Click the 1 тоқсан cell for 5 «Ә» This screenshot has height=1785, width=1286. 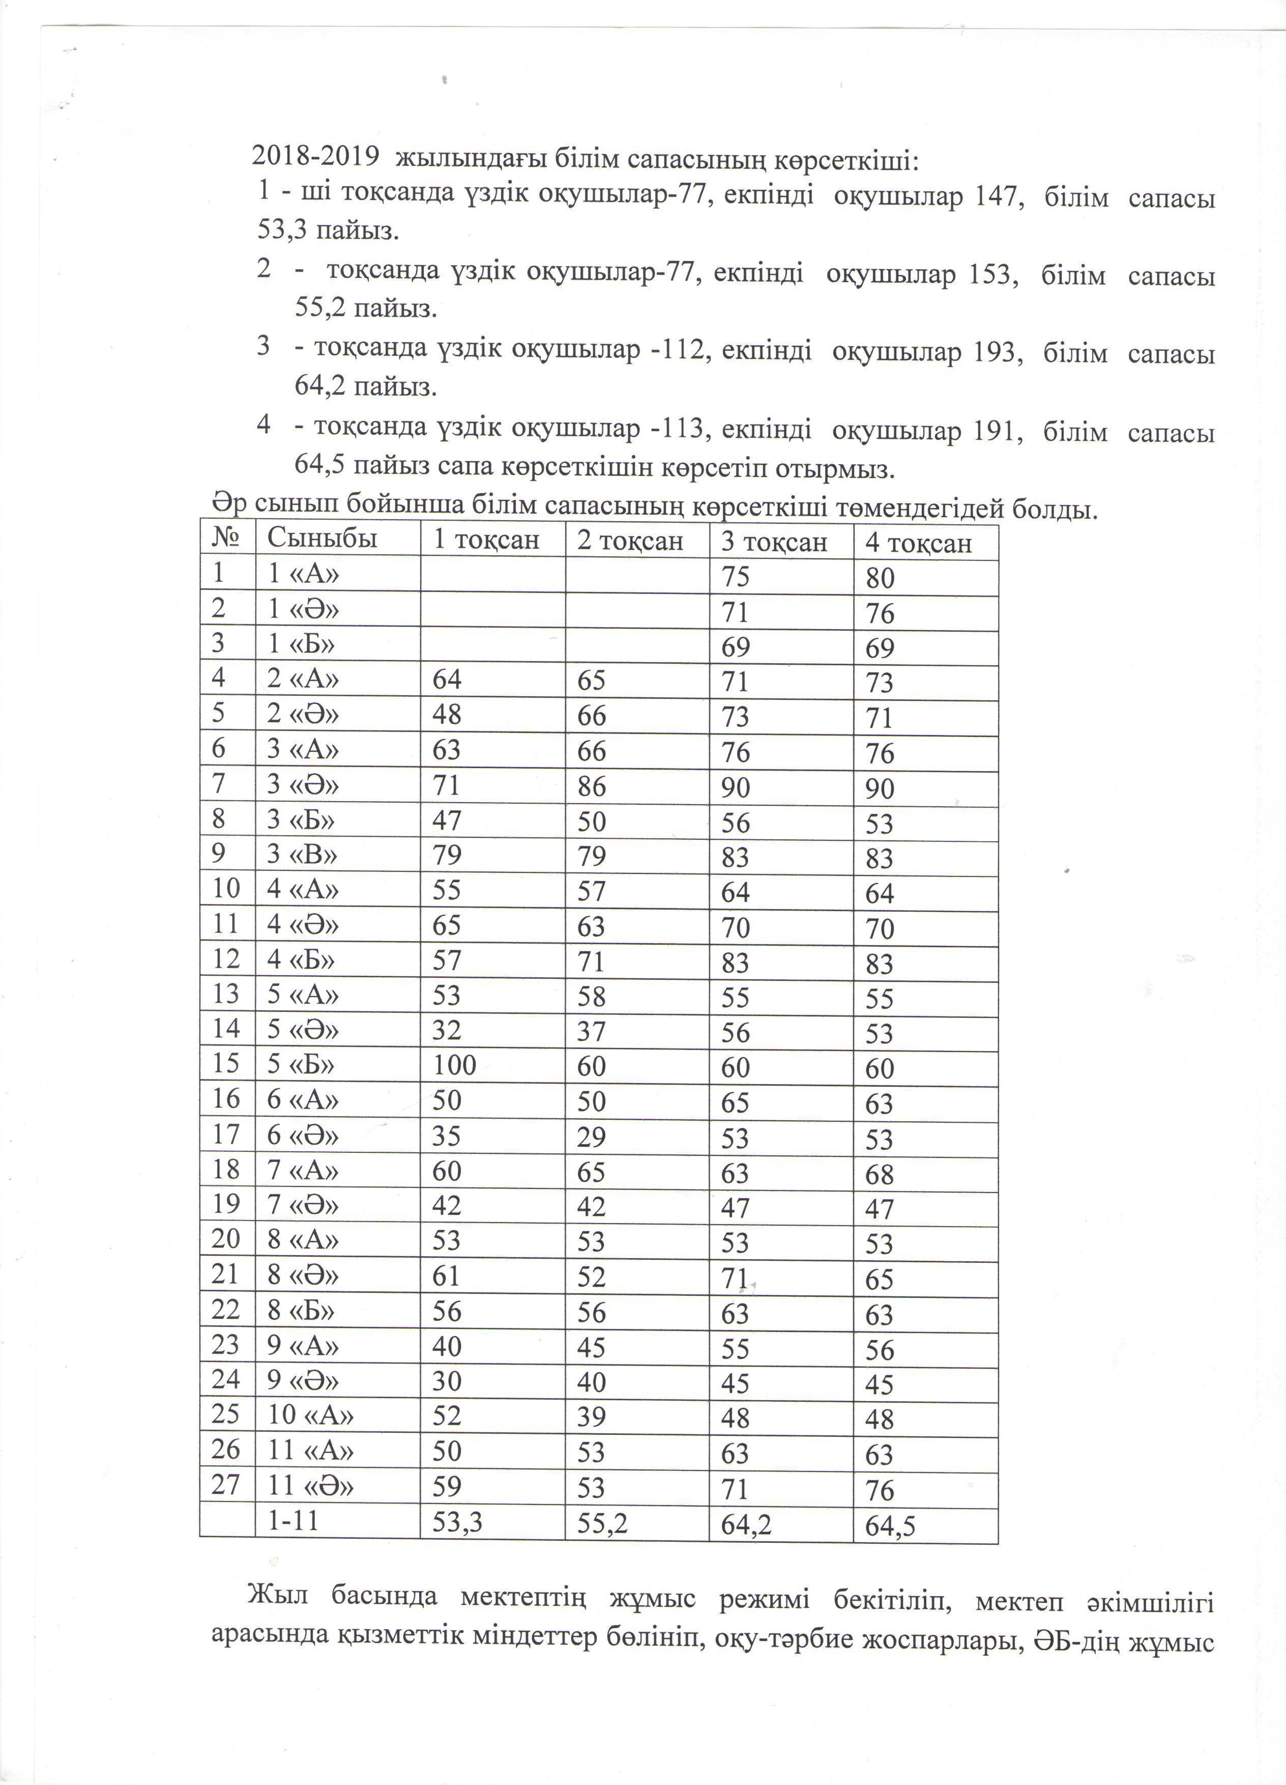(x=446, y=1030)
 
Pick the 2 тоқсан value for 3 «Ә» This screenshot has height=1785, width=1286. (x=592, y=785)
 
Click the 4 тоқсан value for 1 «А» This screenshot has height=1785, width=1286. (x=880, y=579)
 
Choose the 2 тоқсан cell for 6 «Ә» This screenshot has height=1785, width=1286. (x=592, y=1137)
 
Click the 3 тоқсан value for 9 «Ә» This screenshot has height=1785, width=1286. (x=735, y=1383)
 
